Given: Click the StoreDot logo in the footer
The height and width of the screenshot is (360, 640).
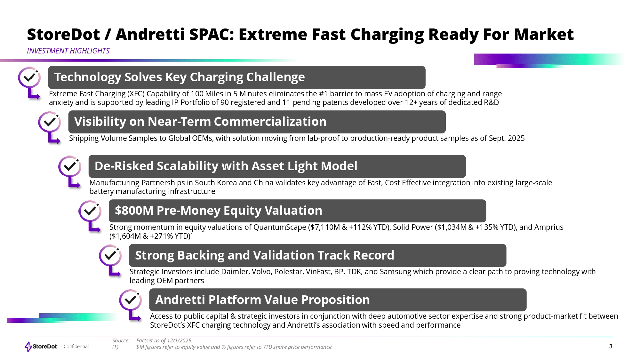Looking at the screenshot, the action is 41,347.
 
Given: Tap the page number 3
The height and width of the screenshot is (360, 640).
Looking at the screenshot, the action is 611,346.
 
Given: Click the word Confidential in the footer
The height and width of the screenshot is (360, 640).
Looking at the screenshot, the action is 76,347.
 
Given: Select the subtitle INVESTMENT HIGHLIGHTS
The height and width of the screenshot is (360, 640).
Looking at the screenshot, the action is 68,51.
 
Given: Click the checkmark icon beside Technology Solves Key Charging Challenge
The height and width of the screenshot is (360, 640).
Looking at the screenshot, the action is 29,77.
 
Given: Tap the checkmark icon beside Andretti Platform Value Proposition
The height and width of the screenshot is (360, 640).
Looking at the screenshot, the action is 131,300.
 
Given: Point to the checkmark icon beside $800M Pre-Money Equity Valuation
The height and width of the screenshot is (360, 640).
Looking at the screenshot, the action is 90,211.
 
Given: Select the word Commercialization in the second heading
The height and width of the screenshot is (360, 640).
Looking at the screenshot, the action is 270,122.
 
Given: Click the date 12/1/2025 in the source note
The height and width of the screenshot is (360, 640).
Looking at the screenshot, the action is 180,340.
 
